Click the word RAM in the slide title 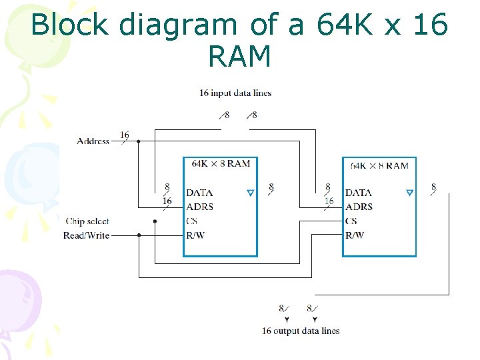click(239, 57)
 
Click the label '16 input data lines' click(235, 93)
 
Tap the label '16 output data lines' click(301, 331)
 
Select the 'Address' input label click(93, 141)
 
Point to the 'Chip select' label click(87, 221)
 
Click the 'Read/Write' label click(87, 235)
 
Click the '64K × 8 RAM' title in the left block click(221, 163)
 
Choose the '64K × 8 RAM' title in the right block click(379, 165)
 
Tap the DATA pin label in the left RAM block click(199, 193)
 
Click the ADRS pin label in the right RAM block click(359, 207)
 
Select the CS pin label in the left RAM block click(192, 221)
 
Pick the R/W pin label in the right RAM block click(355, 235)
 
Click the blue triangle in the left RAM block click(250, 193)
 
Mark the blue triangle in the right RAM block click(409, 193)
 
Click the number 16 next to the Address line click(125, 135)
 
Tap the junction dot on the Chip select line click(155, 221)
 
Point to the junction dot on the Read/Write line click(139, 235)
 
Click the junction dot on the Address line click(138, 141)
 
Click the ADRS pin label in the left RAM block click(200, 207)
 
